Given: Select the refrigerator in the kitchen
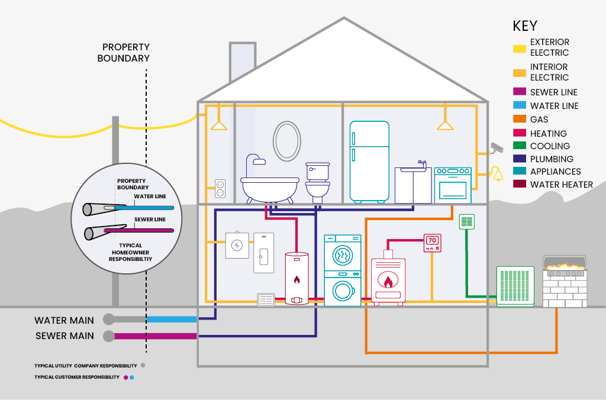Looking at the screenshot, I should tap(369, 161).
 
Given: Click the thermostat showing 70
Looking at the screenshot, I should tap(432, 243).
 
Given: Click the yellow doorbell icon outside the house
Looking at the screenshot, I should tap(495, 173).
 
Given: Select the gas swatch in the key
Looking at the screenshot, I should tap(520, 120).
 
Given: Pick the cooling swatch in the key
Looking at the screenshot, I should tap(520, 146).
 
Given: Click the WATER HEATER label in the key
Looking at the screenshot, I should tap(561, 185).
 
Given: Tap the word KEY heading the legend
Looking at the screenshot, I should tap(525, 26).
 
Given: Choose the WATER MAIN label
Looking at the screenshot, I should tap(64, 320).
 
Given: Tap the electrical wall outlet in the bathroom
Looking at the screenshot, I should tap(220, 189).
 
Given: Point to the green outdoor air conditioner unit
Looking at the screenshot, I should tap(514, 286).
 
